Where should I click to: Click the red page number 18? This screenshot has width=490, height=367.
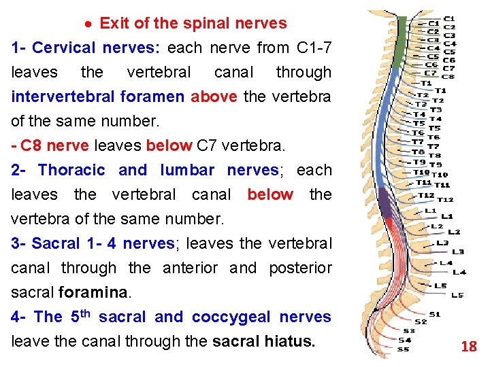coord(469,347)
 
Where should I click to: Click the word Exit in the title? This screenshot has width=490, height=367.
coord(114,23)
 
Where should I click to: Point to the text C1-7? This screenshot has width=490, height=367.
coord(314,48)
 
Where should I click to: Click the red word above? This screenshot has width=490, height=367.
coord(214,97)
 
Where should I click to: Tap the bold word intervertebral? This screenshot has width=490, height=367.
coord(63,97)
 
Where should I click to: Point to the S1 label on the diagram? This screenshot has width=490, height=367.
coord(435,314)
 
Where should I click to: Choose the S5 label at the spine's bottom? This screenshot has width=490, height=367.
coord(404,349)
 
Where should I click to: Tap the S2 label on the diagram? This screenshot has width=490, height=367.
coord(421,321)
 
